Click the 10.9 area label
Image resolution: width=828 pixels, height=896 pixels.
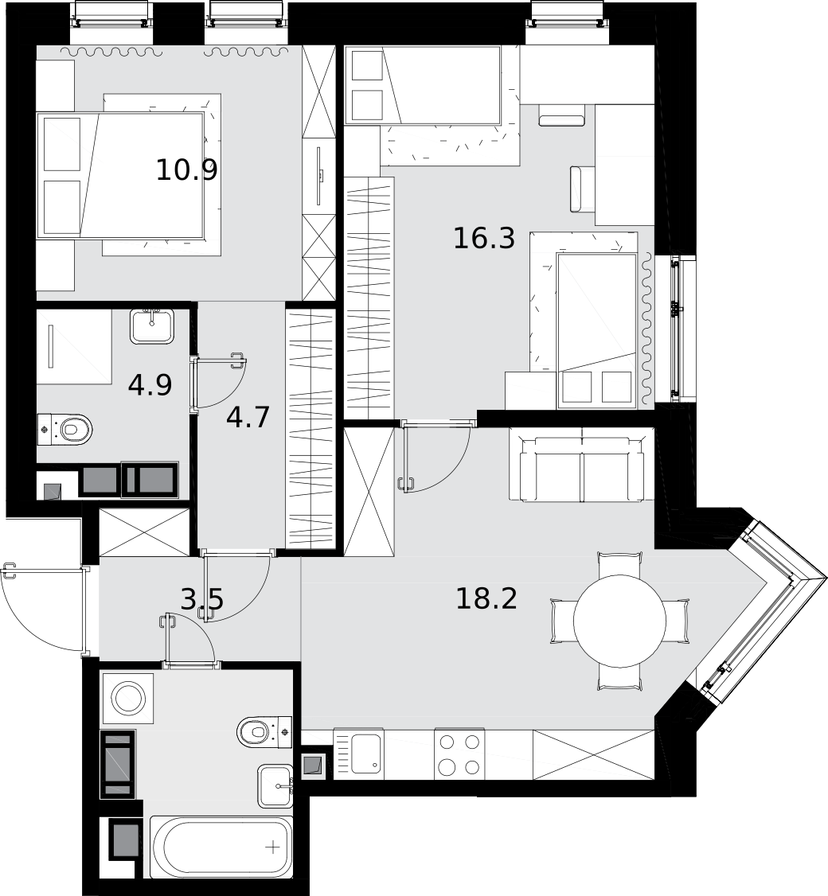(x=186, y=169)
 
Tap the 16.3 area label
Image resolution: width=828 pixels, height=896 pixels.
(x=484, y=238)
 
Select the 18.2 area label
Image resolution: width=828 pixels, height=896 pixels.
(x=486, y=599)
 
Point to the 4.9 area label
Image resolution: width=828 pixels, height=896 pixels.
(x=150, y=384)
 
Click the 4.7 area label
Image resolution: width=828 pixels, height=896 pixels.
(x=248, y=417)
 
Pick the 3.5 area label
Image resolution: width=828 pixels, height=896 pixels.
(x=202, y=599)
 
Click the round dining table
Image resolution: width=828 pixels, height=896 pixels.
(x=620, y=621)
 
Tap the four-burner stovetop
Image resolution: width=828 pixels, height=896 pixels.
(x=459, y=754)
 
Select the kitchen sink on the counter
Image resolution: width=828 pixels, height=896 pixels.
(x=358, y=754)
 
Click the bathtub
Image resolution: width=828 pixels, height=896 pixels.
(x=221, y=847)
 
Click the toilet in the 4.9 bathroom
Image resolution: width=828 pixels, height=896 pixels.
(x=64, y=429)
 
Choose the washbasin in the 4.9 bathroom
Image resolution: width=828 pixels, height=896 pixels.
(x=151, y=326)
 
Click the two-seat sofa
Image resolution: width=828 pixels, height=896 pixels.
(x=581, y=465)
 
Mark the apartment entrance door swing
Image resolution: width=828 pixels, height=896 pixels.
(x=43, y=610)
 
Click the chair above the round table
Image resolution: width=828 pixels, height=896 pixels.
(x=620, y=564)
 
